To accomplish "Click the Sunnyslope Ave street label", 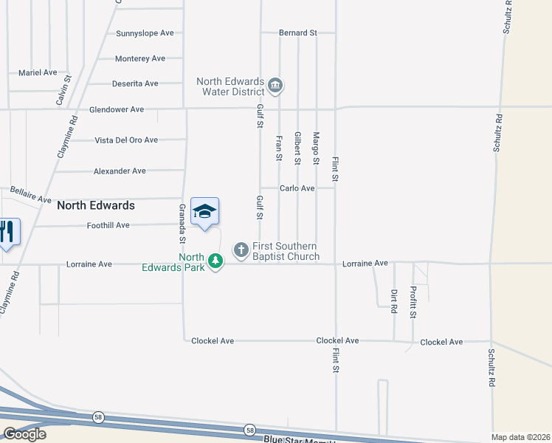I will pyautogui.click(x=145, y=33).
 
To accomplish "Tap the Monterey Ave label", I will pyautogui.click(x=140, y=58).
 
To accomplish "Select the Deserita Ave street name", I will pyautogui.click(x=135, y=83).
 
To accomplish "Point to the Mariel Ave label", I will pyautogui.click(x=38, y=72).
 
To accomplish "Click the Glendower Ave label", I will pyautogui.click(x=116, y=109).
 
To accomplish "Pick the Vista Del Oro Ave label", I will pyautogui.click(x=126, y=140).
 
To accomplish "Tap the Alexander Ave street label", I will pyautogui.click(x=120, y=171).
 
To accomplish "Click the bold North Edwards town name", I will pyautogui.click(x=96, y=205).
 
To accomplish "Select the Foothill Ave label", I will pyautogui.click(x=108, y=225).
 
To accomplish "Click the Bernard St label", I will pyautogui.click(x=297, y=33).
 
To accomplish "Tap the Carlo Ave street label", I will pyautogui.click(x=297, y=188).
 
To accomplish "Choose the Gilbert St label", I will pyautogui.click(x=297, y=148).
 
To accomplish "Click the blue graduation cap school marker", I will pyautogui.click(x=204, y=213).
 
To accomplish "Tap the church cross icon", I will pyautogui.click(x=241, y=250).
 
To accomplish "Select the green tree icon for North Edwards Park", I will pyautogui.click(x=215, y=261).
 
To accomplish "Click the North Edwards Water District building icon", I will pyautogui.click(x=275, y=86).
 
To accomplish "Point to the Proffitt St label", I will pyautogui.click(x=413, y=302).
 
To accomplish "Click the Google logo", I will pyautogui.click(x=24, y=434).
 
